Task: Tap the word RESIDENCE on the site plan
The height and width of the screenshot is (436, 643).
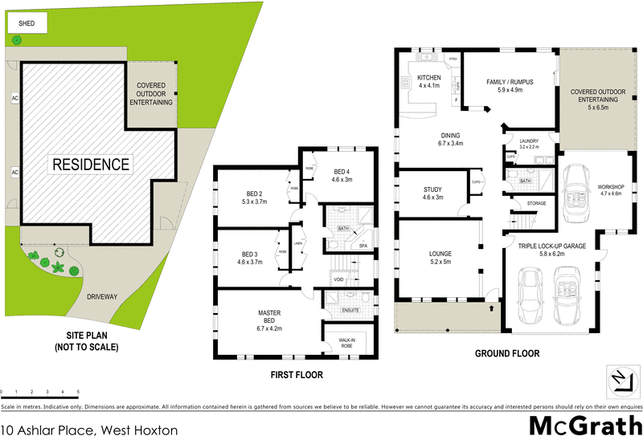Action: click(91, 165)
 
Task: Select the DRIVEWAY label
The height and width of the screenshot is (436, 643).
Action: click(103, 296)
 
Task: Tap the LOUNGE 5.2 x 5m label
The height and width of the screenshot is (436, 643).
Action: click(440, 257)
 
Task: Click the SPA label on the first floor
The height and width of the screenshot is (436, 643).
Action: click(363, 246)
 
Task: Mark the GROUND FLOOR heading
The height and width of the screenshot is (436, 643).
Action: click(506, 353)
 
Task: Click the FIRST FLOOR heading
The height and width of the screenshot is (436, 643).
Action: click(295, 375)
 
